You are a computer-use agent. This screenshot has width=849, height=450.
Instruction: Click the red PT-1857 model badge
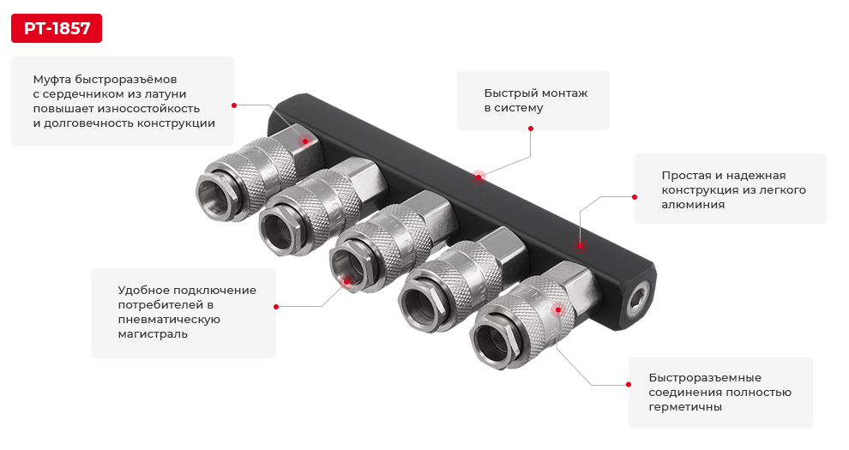point(57,28)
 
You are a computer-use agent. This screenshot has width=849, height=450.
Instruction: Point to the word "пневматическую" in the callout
point(170,319)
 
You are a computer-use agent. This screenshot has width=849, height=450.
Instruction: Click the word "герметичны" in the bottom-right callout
point(685,407)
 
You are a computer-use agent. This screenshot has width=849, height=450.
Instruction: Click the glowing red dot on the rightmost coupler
point(558,309)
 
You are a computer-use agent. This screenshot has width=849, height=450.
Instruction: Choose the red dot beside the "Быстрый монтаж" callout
point(531,129)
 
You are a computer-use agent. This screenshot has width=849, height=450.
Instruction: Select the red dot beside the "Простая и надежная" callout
point(635,196)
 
